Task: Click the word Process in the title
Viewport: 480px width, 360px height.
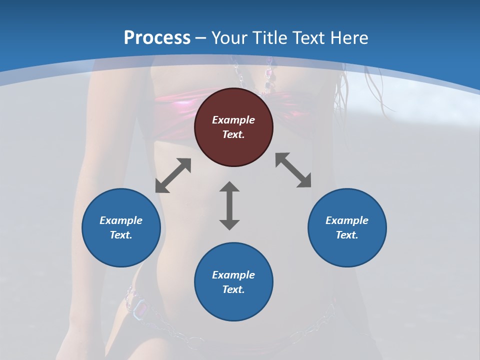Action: tap(157, 38)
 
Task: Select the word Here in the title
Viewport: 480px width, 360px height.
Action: tap(349, 38)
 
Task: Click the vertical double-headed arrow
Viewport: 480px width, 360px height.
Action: tap(229, 205)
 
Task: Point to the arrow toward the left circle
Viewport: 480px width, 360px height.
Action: tap(173, 175)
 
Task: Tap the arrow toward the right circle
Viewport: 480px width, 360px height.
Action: tap(293, 170)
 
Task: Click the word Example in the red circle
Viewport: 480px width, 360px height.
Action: tap(233, 120)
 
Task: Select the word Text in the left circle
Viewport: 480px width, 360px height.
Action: tap(121, 235)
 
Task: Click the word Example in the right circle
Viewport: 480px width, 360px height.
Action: tap(347, 220)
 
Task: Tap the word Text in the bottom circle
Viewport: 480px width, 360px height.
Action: tap(233, 289)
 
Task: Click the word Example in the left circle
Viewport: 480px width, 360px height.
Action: tap(121, 220)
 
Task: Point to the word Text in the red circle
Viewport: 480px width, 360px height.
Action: tap(233, 134)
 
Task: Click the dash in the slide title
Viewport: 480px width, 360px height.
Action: tap(201, 38)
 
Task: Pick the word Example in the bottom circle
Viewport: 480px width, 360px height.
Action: tap(233, 275)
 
